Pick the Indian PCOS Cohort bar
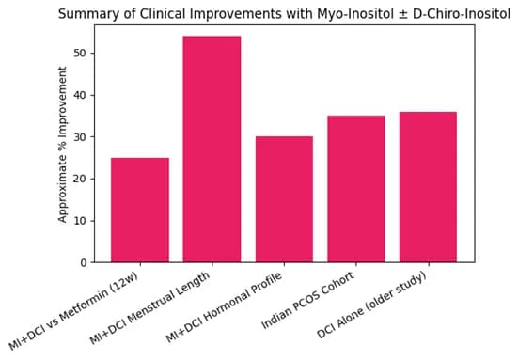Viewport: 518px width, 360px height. click(355, 189)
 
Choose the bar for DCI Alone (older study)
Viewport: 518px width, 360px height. click(428, 187)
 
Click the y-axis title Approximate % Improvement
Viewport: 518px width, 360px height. click(63, 144)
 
